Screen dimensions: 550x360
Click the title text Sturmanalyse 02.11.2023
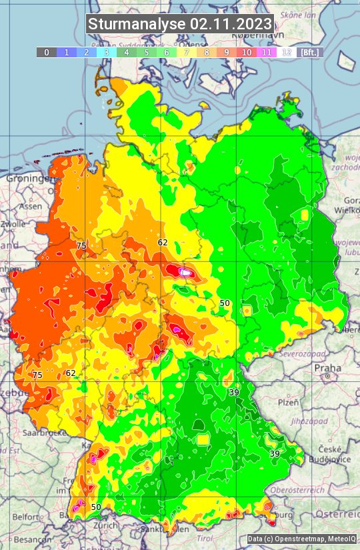(x=180, y=24)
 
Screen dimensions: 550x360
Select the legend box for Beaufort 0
(x=46, y=52)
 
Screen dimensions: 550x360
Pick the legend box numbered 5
(x=147, y=52)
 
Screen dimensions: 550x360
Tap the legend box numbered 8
(x=207, y=52)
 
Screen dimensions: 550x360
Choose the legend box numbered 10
(x=247, y=52)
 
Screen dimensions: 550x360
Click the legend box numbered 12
(x=287, y=52)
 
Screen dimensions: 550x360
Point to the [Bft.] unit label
(x=309, y=52)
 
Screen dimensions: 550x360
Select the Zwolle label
(x=13, y=225)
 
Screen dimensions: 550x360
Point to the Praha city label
(x=327, y=367)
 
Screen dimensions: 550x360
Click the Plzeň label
(x=288, y=403)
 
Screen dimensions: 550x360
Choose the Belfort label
(x=26, y=517)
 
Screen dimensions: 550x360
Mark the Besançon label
(x=28, y=539)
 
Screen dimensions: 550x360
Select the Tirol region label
(x=204, y=538)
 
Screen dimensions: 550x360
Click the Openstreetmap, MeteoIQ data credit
(x=301, y=539)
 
